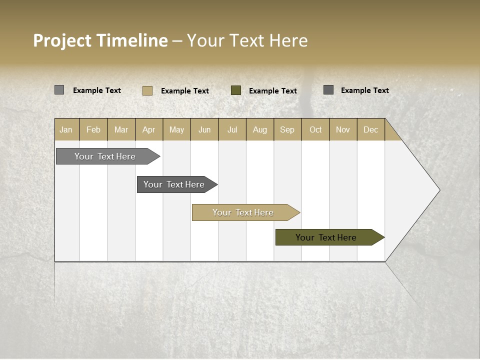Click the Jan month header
pos(66,129)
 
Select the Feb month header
pos(93,129)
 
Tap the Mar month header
pos(121,129)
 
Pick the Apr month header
pos(149,129)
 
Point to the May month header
pos(176,129)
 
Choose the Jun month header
pos(204,129)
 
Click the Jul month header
pos(232,129)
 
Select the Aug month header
pos(260,129)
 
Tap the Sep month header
pos(287,129)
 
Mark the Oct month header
pos(315,129)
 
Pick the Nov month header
pos(343,129)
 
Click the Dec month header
pos(370,129)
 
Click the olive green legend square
pos(236,90)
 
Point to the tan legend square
pos(147,90)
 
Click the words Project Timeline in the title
pos(100,40)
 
